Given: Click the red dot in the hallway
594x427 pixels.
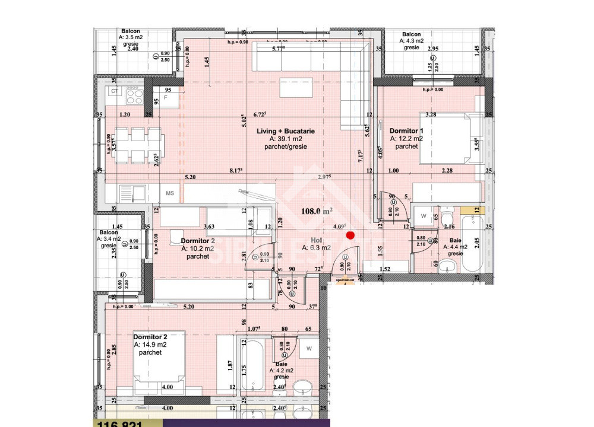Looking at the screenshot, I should pyautogui.click(x=350, y=235).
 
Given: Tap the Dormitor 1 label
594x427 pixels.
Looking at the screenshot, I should pyautogui.click(x=406, y=130).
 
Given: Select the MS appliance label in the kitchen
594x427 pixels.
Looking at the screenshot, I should pyautogui.click(x=170, y=193).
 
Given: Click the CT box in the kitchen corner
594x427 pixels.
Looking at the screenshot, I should pyautogui.click(x=114, y=91).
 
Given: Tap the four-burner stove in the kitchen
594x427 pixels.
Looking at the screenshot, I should pyautogui.click(x=134, y=95).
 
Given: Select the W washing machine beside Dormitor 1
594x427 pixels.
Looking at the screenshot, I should pyautogui.click(x=424, y=215).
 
